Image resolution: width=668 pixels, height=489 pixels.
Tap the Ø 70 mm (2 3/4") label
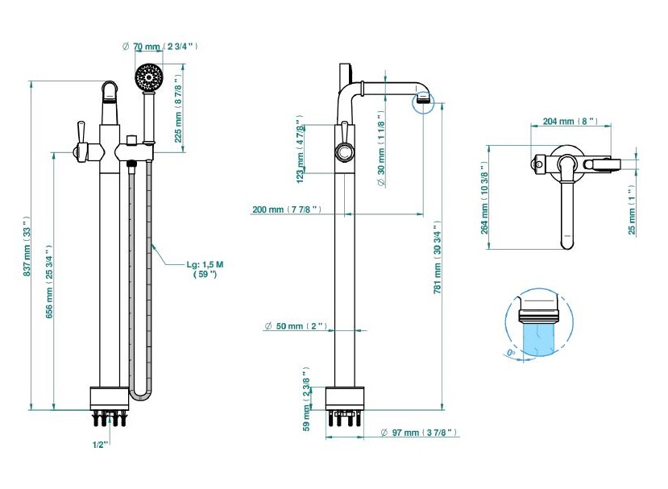coord(160,47)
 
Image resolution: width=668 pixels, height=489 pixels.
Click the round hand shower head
coord(147,79)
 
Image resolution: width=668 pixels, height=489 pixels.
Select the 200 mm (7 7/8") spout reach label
coord(288,210)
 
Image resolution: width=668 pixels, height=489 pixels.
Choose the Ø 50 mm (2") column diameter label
coord(295,326)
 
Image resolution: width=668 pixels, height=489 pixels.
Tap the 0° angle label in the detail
coord(512,352)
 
